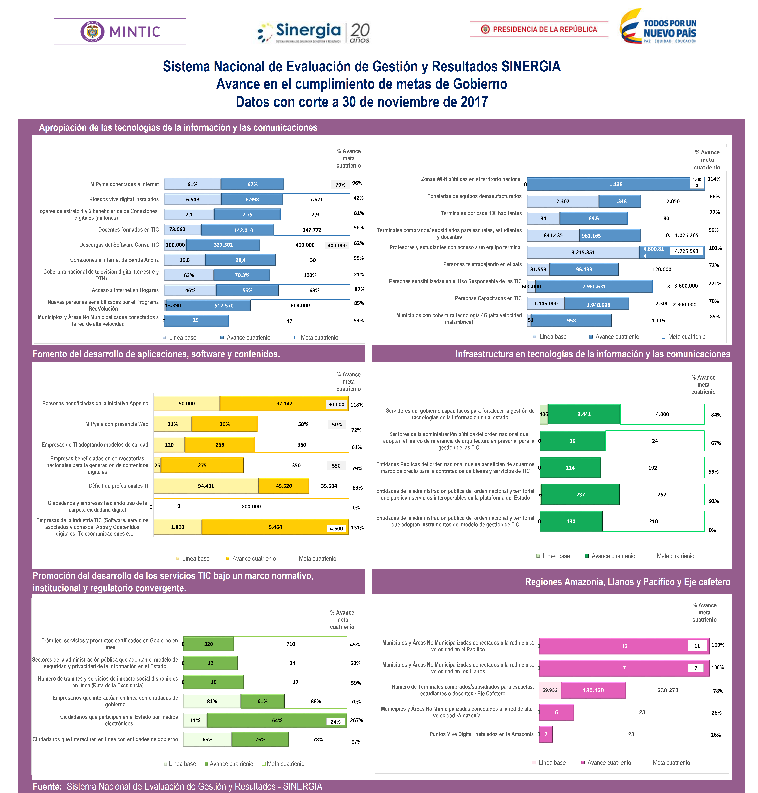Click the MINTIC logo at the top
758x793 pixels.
[120, 31]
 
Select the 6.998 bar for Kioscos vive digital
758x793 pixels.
[252, 199]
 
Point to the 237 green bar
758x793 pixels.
[580, 495]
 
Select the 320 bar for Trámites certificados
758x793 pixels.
[209, 644]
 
